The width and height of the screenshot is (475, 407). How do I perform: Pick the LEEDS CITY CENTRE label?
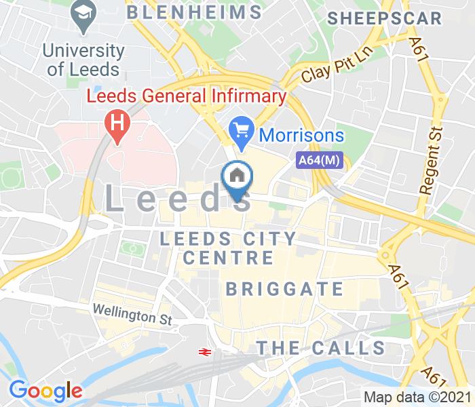coord(228,248)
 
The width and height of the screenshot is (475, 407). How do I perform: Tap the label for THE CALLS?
coord(320,348)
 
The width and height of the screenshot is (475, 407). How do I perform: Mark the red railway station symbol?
coord(202,351)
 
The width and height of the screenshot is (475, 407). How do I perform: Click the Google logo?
coord(45,390)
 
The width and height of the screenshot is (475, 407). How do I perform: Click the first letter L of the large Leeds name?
coord(117,199)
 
